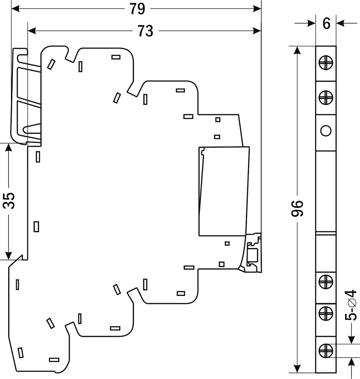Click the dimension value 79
pos(137,9)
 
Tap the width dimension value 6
pos(326,24)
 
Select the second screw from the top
pos(326,97)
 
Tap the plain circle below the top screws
pos(326,130)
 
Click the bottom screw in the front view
pos(326,350)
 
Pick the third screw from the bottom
pos(326,281)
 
